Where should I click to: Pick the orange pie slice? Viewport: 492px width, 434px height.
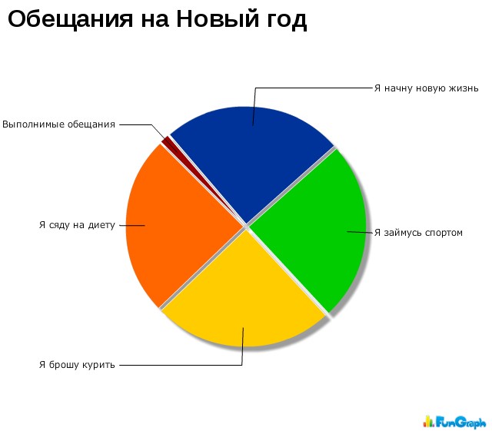click(x=179, y=226)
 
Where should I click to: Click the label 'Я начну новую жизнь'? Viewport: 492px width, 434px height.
click(x=426, y=88)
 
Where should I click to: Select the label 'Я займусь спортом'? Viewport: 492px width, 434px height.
click(x=418, y=233)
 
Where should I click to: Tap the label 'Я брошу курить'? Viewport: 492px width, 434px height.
click(x=77, y=365)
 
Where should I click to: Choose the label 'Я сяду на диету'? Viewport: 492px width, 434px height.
click(x=77, y=225)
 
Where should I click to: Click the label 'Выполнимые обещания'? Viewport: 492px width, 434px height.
click(x=58, y=124)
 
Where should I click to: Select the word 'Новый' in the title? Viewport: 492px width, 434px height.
click(x=218, y=18)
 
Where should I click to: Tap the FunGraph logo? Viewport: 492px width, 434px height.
click(x=454, y=422)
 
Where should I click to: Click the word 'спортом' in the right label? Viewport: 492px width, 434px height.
click(x=444, y=234)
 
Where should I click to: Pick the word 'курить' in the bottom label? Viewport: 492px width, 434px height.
click(x=98, y=366)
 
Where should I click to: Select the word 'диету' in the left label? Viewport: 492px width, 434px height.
click(x=101, y=226)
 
